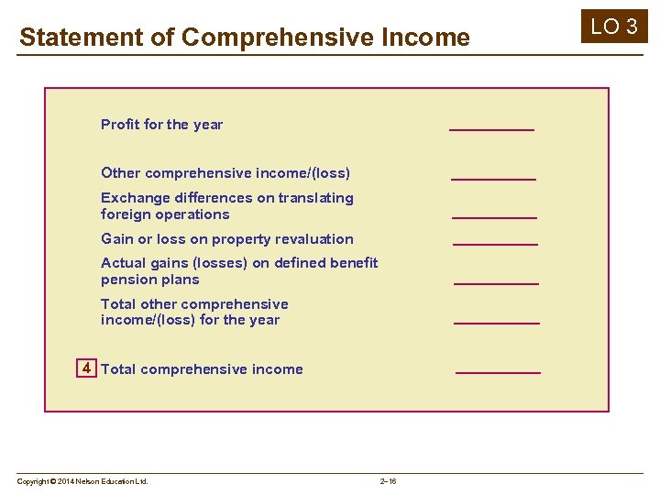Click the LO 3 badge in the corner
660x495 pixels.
pos(614,27)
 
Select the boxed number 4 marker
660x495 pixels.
pos(86,368)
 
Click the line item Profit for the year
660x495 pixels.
pos(161,125)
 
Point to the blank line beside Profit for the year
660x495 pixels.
pos(491,129)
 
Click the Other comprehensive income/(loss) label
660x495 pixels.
pos(225,173)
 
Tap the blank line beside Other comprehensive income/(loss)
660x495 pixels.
pos(493,178)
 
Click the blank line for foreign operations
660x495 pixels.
pos(494,217)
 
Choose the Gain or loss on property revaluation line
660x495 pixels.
pos(226,239)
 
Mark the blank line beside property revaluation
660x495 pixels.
pos(495,244)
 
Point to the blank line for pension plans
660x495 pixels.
pos(496,283)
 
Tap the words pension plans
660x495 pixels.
pos(149,280)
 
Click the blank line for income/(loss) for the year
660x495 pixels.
pos(497,323)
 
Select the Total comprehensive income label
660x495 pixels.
pos(202,369)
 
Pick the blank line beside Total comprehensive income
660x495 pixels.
pos(498,372)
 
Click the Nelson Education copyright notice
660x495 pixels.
pos(82,481)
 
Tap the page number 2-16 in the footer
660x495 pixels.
pos(388,481)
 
